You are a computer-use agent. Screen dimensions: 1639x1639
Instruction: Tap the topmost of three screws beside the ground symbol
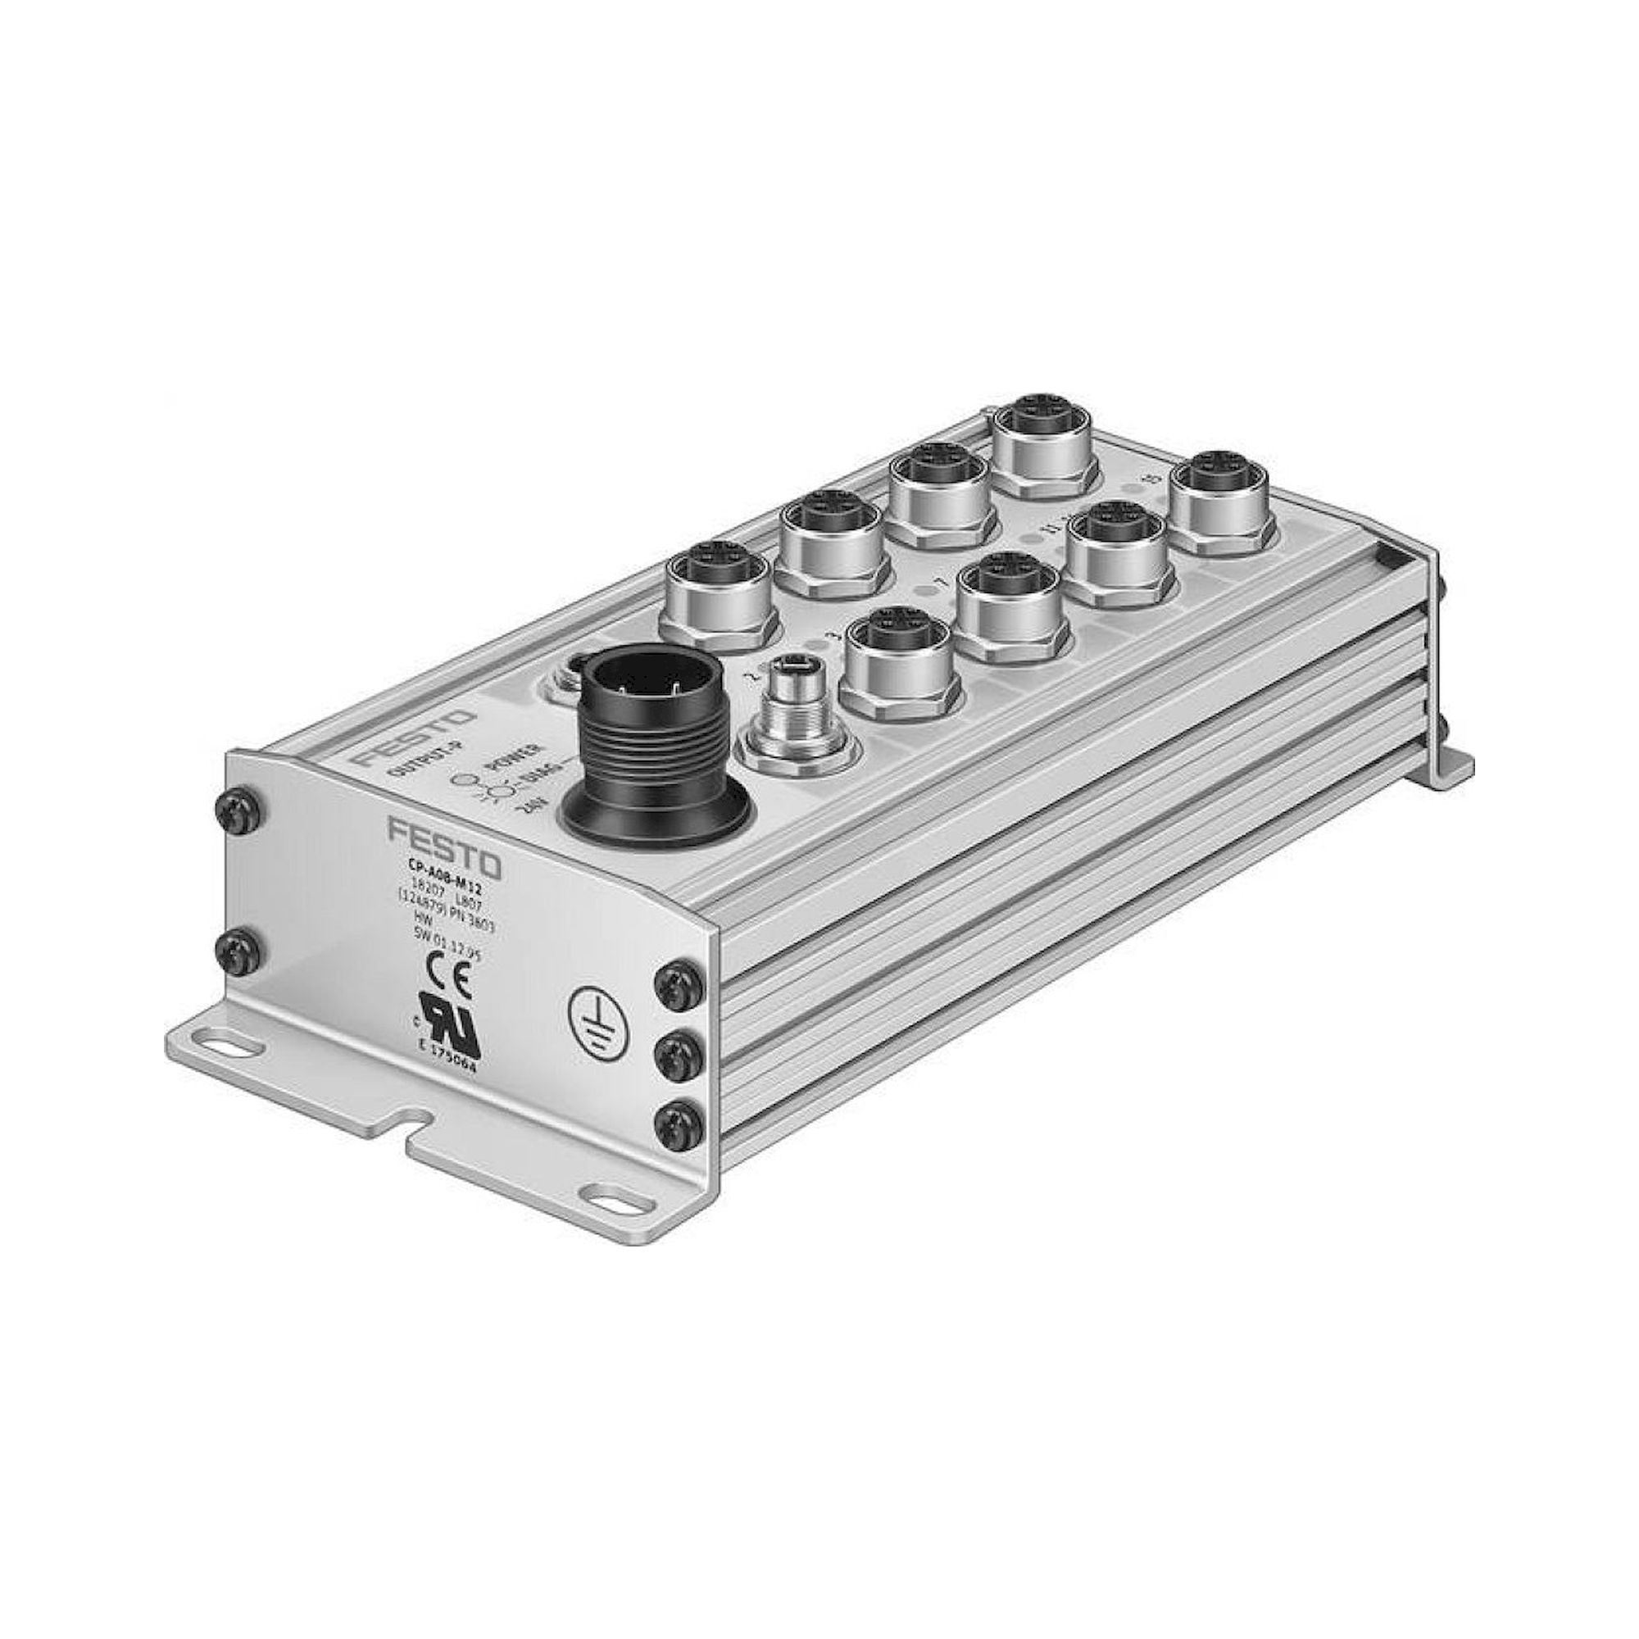tap(677, 983)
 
